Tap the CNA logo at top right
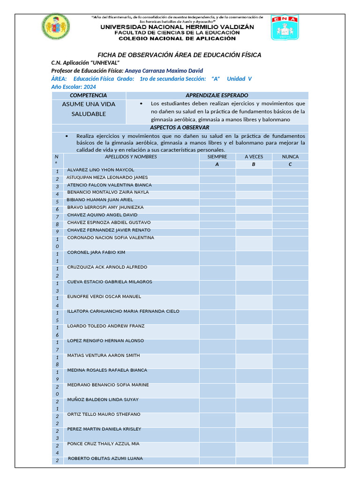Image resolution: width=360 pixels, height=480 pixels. [x=284, y=28]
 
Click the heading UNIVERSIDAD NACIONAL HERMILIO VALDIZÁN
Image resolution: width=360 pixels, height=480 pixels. [x=177, y=27]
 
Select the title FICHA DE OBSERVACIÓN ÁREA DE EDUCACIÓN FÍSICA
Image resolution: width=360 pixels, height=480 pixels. [x=179, y=55]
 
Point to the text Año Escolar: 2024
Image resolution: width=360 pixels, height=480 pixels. [x=74, y=87]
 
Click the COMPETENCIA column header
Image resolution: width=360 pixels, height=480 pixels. [x=88, y=95]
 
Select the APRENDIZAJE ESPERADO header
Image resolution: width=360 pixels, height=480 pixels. [x=217, y=95]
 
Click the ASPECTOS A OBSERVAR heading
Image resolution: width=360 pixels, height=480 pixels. [x=180, y=127]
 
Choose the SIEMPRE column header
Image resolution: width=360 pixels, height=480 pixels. [x=217, y=157]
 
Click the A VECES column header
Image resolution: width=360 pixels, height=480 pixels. [x=254, y=157]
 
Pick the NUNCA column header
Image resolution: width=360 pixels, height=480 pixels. [x=290, y=157]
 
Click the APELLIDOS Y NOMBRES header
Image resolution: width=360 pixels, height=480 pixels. [x=131, y=157]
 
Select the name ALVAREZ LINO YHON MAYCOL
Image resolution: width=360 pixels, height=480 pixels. [x=101, y=170]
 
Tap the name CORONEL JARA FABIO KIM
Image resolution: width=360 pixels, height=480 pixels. [x=96, y=253]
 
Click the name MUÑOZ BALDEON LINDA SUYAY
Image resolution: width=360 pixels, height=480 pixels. [x=103, y=400]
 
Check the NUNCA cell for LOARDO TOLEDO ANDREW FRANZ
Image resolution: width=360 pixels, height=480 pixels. [x=290, y=331]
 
